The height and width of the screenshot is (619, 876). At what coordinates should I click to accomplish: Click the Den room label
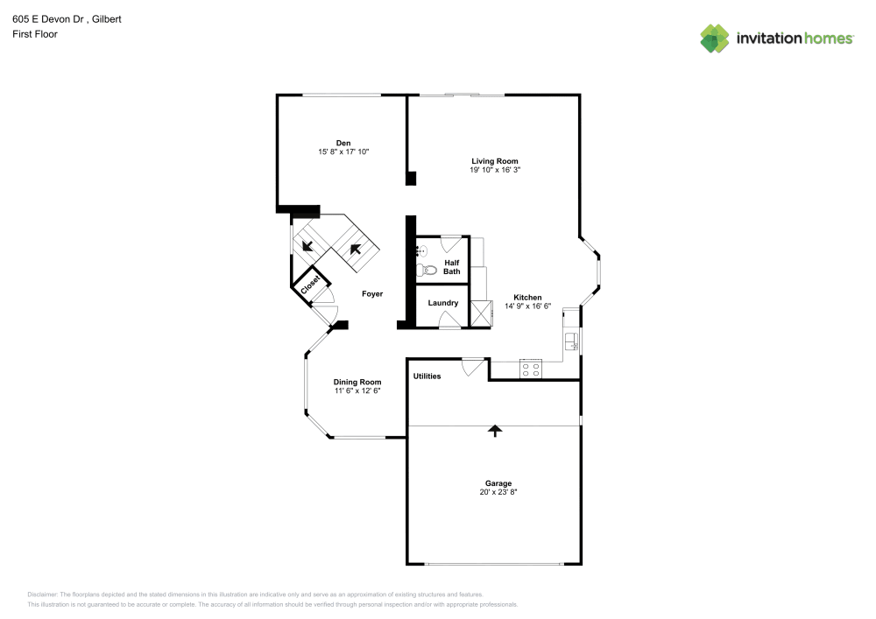point(343,143)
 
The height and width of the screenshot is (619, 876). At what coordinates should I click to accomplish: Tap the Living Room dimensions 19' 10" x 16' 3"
point(495,171)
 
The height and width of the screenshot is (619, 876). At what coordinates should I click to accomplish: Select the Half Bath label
point(452,267)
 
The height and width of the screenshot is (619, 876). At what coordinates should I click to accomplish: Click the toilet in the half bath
point(421,270)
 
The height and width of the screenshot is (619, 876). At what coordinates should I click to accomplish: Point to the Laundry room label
point(443,303)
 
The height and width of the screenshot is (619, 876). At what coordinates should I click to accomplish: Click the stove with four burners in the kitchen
point(531,369)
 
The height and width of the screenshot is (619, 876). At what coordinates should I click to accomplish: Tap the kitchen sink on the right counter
point(571,341)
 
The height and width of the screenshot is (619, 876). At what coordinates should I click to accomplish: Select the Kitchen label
point(527,298)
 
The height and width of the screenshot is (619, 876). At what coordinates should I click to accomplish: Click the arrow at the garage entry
point(495,430)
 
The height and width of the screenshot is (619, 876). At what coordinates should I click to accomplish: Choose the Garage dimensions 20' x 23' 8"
point(498,493)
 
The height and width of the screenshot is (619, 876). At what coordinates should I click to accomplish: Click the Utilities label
point(427,376)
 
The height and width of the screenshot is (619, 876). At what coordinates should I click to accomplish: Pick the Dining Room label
point(357,382)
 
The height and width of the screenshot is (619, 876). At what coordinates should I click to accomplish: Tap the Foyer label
point(372,294)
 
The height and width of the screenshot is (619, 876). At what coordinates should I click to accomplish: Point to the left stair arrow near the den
point(308,248)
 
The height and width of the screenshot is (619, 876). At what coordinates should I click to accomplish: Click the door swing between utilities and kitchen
point(474,366)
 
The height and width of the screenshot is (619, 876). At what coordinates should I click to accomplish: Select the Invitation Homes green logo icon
point(715,38)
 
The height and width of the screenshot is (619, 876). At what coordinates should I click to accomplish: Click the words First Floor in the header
point(35,34)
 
